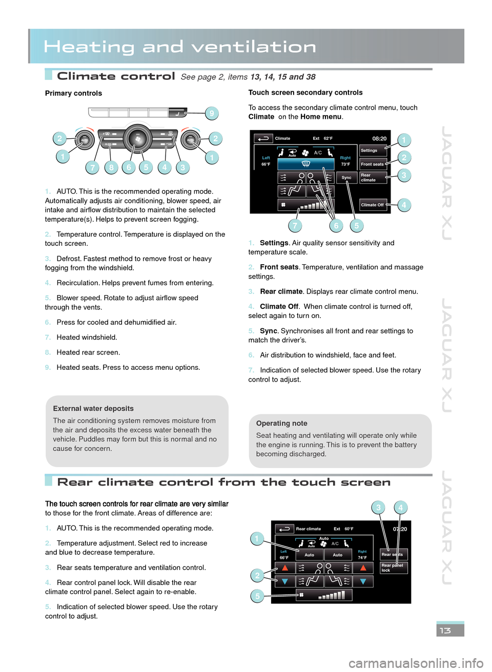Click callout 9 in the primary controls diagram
(211, 113)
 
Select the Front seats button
(373, 164)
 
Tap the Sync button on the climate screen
(347, 178)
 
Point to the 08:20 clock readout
(379, 139)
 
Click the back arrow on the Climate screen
(263, 139)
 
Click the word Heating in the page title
(89, 47)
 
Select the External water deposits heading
(93, 409)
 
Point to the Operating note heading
(282, 424)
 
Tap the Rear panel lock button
(393, 568)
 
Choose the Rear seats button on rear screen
(393, 554)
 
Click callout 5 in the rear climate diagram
(257, 596)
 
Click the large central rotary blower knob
(137, 139)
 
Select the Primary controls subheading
(73, 93)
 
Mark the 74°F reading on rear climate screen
(362, 558)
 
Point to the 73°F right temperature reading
(345, 164)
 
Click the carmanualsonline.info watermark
(416, 663)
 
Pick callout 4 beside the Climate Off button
(404, 205)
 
